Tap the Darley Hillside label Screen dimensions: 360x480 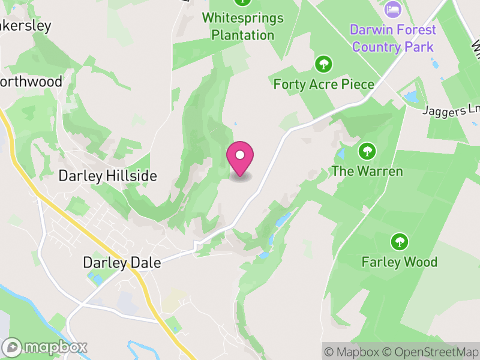(x=107, y=176)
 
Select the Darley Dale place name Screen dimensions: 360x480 (x=113, y=263)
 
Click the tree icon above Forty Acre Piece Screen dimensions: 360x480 (x=323, y=64)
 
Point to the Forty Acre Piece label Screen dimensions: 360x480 (x=323, y=84)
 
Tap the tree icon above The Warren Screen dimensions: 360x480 (x=367, y=151)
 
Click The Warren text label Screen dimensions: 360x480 (x=367, y=171)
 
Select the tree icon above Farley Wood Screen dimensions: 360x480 (x=399, y=242)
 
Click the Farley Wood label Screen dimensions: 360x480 (x=399, y=262)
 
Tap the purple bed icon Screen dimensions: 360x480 (x=392, y=9)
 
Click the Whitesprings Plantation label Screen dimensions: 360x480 (x=242, y=26)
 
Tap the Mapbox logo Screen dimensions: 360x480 (x=46, y=347)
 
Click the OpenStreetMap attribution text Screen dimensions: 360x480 (x=434, y=352)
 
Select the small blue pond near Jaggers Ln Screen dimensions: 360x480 (x=412, y=96)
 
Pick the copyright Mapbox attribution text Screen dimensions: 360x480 (x=353, y=352)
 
